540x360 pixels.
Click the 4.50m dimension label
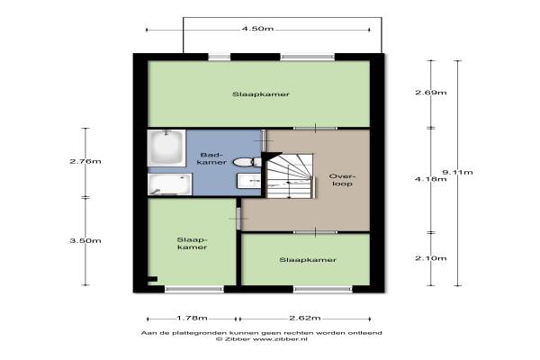(257, 29)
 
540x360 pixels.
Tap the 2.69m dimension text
(431, 93)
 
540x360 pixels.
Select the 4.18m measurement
(431, 179)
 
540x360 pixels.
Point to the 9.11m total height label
(458, 172)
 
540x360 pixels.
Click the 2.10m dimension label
(431, 258)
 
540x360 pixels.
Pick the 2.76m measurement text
(85, 161)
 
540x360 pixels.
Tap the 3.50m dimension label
(85, 241)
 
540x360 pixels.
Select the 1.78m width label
(193, 318)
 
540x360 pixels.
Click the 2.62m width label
(305, 318)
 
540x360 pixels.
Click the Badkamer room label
(211, 158)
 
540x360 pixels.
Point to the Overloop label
(342, 180)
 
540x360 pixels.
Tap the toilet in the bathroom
(247, 162)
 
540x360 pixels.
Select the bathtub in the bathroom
(166, 148)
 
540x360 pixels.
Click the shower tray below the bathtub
(170, 184)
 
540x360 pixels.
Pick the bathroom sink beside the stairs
(249, 181)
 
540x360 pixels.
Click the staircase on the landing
(290, 175)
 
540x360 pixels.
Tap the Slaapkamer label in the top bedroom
(261, 94)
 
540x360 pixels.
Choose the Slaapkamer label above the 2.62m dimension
(308, 260)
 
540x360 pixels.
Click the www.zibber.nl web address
(280, 339)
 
